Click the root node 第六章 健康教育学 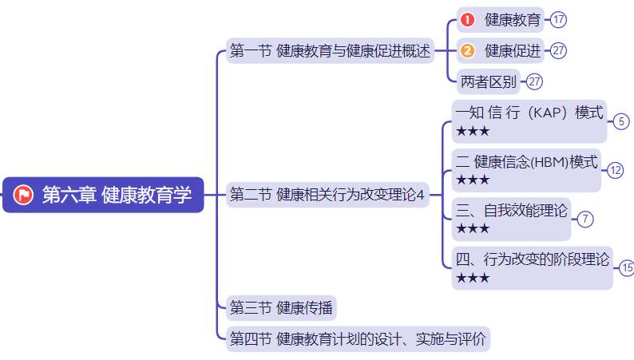point(104,195)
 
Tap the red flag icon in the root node point(23,195)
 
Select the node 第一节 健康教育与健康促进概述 point(330,51)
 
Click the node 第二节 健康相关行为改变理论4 point(328,195)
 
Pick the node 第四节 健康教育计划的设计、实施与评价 point(357,339)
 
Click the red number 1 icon point(468,19)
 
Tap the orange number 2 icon point(468,51)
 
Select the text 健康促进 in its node point(512,51)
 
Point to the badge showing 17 point(558,19)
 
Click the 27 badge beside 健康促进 point(558,51)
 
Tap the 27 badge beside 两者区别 point(535,81)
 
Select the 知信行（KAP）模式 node point(529,113)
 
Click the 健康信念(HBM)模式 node point(526,162)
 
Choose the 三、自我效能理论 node point(512,212)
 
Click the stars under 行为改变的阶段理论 point(473,278)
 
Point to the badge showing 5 point(621,121)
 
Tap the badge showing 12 point(615,170)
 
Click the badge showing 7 point(585,219)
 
